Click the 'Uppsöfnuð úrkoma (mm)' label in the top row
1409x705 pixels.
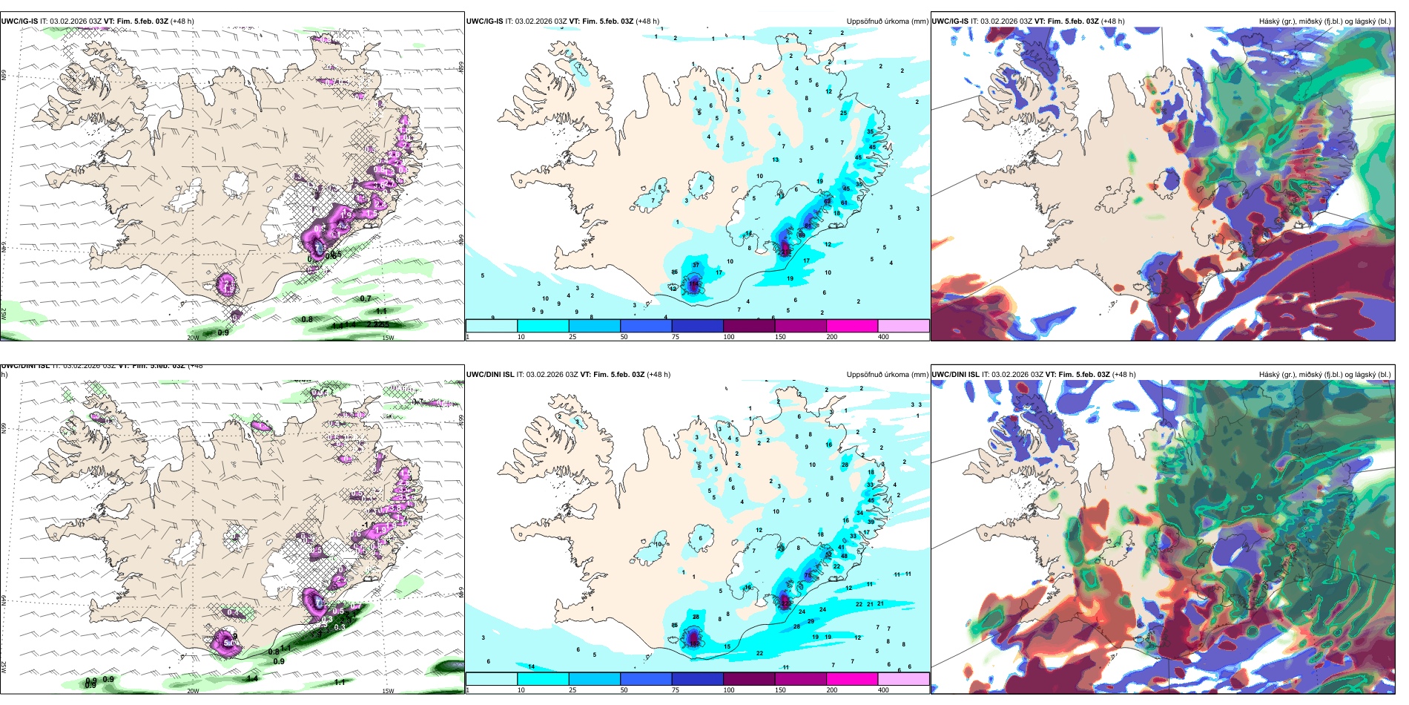pos(887,22)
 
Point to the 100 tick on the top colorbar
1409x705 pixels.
pos(729,337)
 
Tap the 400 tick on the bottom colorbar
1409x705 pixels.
pos(883,690)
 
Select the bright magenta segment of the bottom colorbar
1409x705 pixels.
pos(852,678)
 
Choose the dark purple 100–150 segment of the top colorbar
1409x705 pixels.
pos(749,325)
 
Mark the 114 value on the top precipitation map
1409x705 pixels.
pos(694,284)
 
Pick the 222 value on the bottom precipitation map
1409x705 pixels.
pos(785,604)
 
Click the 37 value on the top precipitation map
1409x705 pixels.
pos(696,265)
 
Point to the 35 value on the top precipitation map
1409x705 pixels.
pos(870,131)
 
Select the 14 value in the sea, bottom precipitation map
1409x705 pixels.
pos(531,666)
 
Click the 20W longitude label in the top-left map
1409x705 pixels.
pos(193,338)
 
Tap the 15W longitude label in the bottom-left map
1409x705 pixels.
pos(388,691)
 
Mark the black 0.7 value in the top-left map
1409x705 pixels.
pos(366,298)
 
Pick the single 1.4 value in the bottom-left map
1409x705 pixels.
pos(252,678)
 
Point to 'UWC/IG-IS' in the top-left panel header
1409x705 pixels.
pos(19,22)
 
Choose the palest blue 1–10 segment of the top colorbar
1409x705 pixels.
pos(491,325)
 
